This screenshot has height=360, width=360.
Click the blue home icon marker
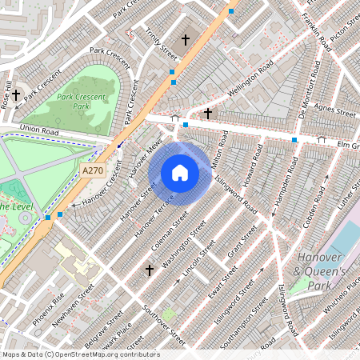pos(180,173)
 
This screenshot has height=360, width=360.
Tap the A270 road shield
pos(93,170)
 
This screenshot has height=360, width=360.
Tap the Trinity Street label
pos(161,43)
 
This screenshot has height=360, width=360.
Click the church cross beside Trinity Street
pos(186,38)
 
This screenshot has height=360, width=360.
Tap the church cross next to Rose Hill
pos(15,94)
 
